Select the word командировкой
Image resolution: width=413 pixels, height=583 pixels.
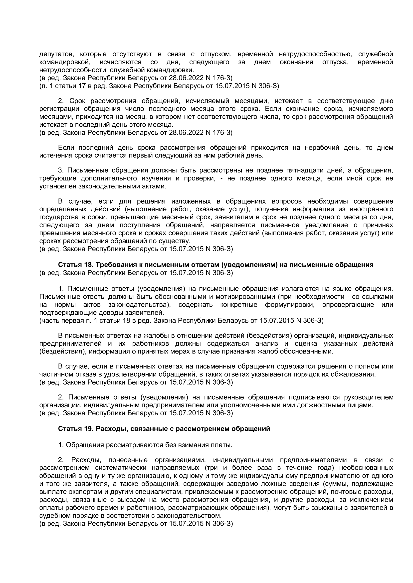point(65,62)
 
